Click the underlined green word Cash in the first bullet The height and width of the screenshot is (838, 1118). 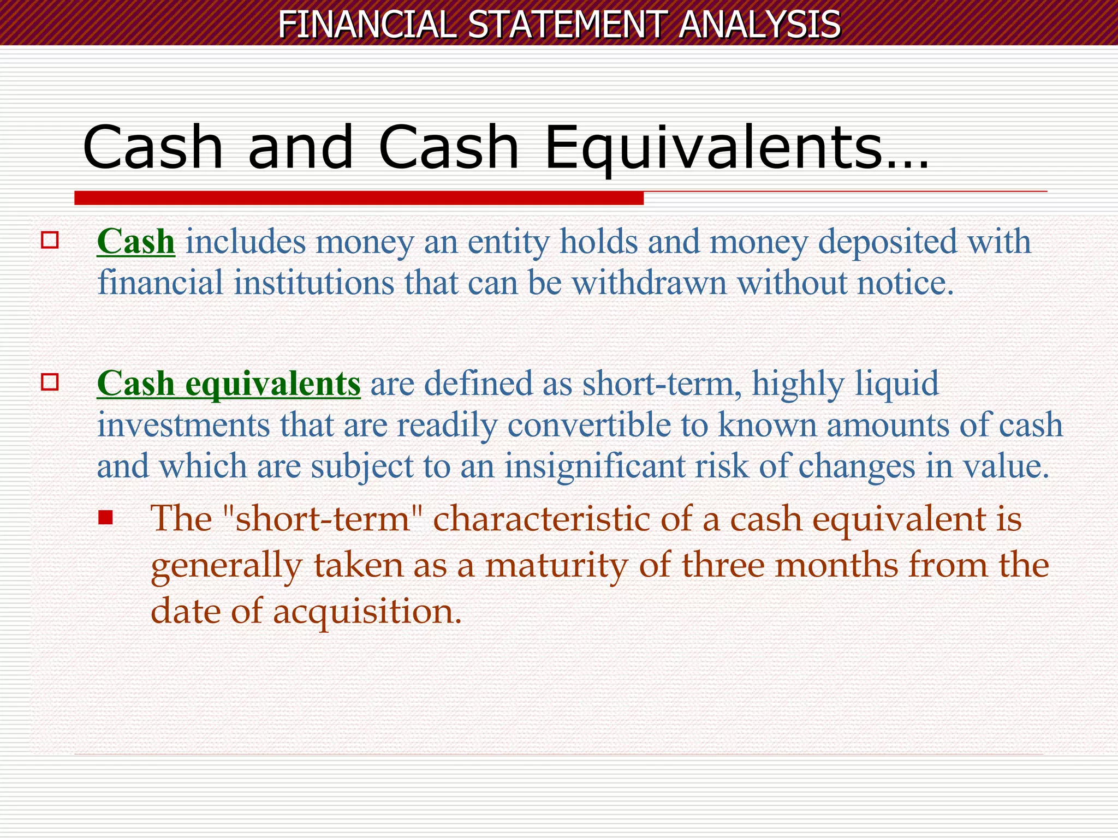(x=136, y=241)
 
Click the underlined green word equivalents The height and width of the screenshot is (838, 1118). (x=273, y=383)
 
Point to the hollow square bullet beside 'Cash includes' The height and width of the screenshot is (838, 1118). (x=50, y=240)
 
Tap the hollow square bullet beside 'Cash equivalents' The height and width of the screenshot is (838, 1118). (x=50, y=382)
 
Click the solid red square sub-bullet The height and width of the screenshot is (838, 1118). (x=105, y=517)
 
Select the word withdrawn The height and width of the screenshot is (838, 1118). (x=649, y=283)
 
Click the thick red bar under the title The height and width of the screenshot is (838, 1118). (x=359, y=198)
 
